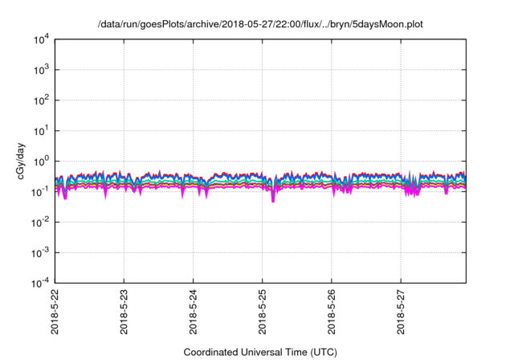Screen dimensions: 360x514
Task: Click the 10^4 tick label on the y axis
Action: tap(41, 39)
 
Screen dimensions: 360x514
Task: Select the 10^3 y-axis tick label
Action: tap(41, 69)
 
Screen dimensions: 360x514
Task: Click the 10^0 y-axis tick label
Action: tap(41, 161)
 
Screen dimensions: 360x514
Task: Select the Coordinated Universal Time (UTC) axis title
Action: tap(260, 352)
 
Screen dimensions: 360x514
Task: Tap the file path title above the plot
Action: tap(260, 24)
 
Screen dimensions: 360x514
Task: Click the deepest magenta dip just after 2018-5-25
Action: tap(273, 200)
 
